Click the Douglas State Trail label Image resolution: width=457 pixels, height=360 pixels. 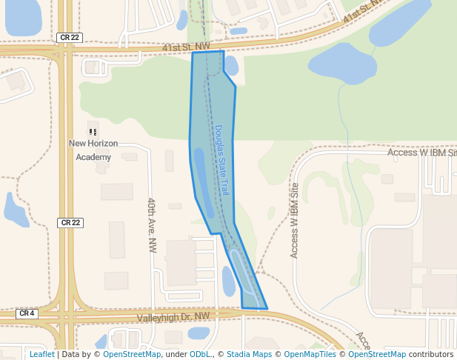(x=222, y=159)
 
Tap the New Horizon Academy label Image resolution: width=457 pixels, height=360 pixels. (x=93, y=150)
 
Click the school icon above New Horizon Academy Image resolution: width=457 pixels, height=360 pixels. (x=93, y=131)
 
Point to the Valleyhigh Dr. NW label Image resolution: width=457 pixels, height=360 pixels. (x=173, y=317)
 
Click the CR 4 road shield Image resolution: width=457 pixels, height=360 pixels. (x=27, y=313)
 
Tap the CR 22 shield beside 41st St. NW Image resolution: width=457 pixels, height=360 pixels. (x=67, y=37)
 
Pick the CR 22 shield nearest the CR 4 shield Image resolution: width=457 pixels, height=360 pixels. (x=68, y=222)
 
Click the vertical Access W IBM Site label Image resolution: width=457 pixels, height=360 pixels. (x=294, y=220)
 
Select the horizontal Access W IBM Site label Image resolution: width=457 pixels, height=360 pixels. (x=421, y=153)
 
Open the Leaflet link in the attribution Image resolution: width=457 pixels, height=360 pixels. (x=41, y=354)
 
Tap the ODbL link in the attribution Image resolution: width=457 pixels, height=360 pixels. (x=199, y=354)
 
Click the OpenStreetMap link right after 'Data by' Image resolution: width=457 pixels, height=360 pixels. (x=132, y=354)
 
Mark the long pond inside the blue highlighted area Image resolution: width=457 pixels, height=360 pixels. (x=201, y=172)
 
